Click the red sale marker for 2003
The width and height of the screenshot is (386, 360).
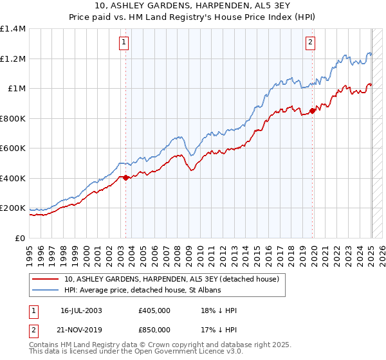(125, 178)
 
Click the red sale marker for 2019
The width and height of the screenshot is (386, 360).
(313, 111)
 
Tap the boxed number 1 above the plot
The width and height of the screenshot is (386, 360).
(123, 43)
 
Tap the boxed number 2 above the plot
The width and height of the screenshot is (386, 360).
(310, 43)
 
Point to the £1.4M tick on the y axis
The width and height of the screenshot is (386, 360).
(14, 29)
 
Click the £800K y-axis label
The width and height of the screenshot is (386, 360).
(14, 118)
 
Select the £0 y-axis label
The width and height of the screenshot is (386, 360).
(19, 238)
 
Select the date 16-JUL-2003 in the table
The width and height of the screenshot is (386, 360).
(81, 310)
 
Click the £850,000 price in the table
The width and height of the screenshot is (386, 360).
(154, 329)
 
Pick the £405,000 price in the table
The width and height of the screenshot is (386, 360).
(154, 310)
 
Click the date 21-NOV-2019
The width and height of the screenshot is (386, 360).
(82, 329)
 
